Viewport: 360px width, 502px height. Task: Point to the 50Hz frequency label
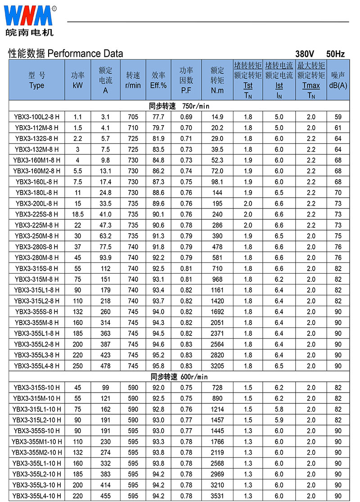(336, 54)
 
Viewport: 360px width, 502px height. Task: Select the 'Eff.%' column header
(158, 80)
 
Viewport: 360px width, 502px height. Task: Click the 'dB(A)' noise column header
(338, 80)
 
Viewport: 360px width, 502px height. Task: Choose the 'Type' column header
(36, 80)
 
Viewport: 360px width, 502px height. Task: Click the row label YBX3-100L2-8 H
(36, 117)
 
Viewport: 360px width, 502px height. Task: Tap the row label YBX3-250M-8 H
(36, 236)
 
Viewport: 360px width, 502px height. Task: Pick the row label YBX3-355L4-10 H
(36, 496)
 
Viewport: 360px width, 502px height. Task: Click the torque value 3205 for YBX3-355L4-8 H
(217, 366)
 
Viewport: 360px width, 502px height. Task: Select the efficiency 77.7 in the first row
(158, 117)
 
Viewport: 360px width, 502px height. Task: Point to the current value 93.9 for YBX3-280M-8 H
(105, 258)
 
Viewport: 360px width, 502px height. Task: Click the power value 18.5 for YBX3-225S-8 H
(77, 214)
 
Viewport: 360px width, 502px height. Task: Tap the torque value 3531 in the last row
(217, 496)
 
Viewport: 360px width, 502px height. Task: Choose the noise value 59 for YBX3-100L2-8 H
(338, 117)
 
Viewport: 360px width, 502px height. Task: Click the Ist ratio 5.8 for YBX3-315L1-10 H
(279, 409)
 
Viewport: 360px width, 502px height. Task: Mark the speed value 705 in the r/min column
(133, 117)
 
